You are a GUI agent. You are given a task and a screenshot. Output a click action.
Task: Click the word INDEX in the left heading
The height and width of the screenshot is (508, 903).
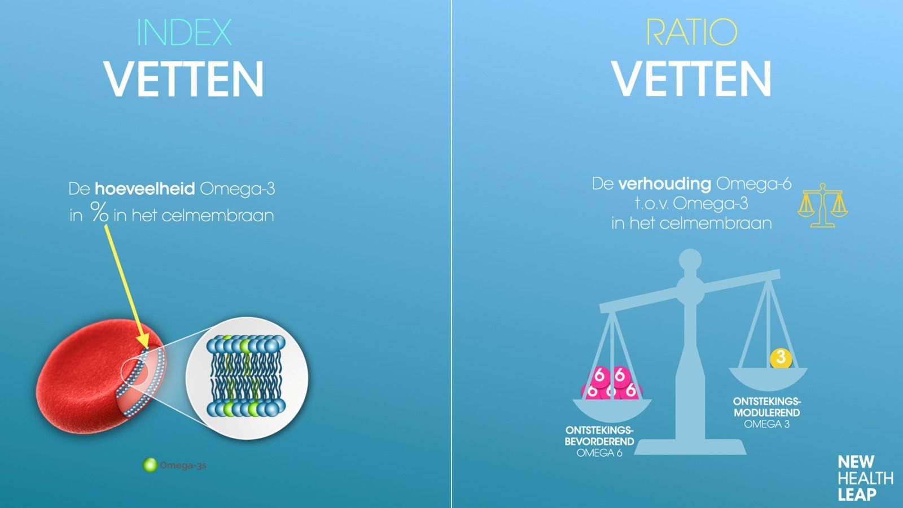(184, 33)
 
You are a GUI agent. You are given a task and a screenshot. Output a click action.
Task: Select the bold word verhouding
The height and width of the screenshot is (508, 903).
(664, 184)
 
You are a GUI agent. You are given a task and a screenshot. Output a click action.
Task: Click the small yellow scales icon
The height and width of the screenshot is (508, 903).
(822, 205)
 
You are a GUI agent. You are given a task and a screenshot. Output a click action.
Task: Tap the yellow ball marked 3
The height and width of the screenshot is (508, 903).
(781, 357)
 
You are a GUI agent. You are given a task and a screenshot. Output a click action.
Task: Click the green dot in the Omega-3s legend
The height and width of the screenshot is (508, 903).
(150, 465)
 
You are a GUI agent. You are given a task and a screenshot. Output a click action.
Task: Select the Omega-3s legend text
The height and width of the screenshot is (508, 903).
(183, 466)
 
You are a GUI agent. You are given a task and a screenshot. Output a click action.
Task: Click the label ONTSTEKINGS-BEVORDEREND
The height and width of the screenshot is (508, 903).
(599, 436)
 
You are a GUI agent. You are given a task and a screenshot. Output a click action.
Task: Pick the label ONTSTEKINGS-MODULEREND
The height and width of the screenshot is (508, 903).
(766, 407)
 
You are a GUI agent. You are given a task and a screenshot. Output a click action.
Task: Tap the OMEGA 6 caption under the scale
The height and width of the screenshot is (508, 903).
(599, 453)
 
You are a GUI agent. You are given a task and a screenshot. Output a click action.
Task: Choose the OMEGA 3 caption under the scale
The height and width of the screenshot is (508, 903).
(766, 424)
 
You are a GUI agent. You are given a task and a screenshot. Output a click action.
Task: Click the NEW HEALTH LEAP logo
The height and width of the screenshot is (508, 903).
(865, 478)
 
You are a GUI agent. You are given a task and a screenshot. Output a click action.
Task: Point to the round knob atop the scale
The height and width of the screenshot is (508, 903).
(690, 261)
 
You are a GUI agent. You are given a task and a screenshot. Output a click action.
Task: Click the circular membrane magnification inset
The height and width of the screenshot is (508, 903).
(247, 378)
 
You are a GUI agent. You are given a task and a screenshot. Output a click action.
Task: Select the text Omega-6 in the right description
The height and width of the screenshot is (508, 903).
(753, 184)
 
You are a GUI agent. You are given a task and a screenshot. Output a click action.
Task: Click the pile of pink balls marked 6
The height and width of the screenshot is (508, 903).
(611, 384)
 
